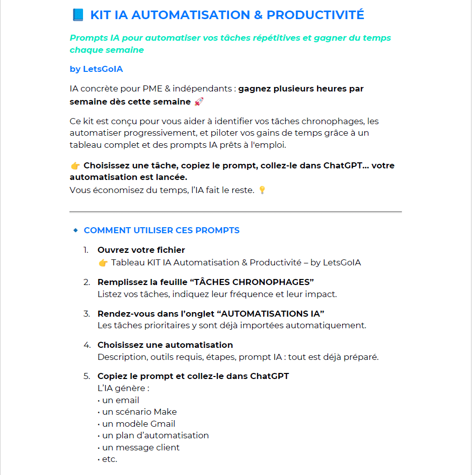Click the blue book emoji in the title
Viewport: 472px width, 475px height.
[x=78, y=15]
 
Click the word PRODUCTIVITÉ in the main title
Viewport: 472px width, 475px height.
[x=315, y=15]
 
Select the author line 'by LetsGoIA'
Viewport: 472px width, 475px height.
[x=96, y=69]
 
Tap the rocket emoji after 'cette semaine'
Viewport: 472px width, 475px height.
[x=199, y=102]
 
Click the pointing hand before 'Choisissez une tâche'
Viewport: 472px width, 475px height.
[x=75, y=166]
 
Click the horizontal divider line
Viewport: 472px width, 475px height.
[x=235, y=212]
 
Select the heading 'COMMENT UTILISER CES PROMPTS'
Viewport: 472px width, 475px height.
[x=162, y=231]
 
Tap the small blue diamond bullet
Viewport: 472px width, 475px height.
[x=75, y=231]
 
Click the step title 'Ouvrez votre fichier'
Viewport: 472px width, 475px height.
[x=141, y=250]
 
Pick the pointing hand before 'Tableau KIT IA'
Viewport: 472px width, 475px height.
[x=103, y=263]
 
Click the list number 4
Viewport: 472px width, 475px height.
[x=87, y=345]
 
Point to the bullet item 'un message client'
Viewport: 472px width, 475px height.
[x=140, y=447]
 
